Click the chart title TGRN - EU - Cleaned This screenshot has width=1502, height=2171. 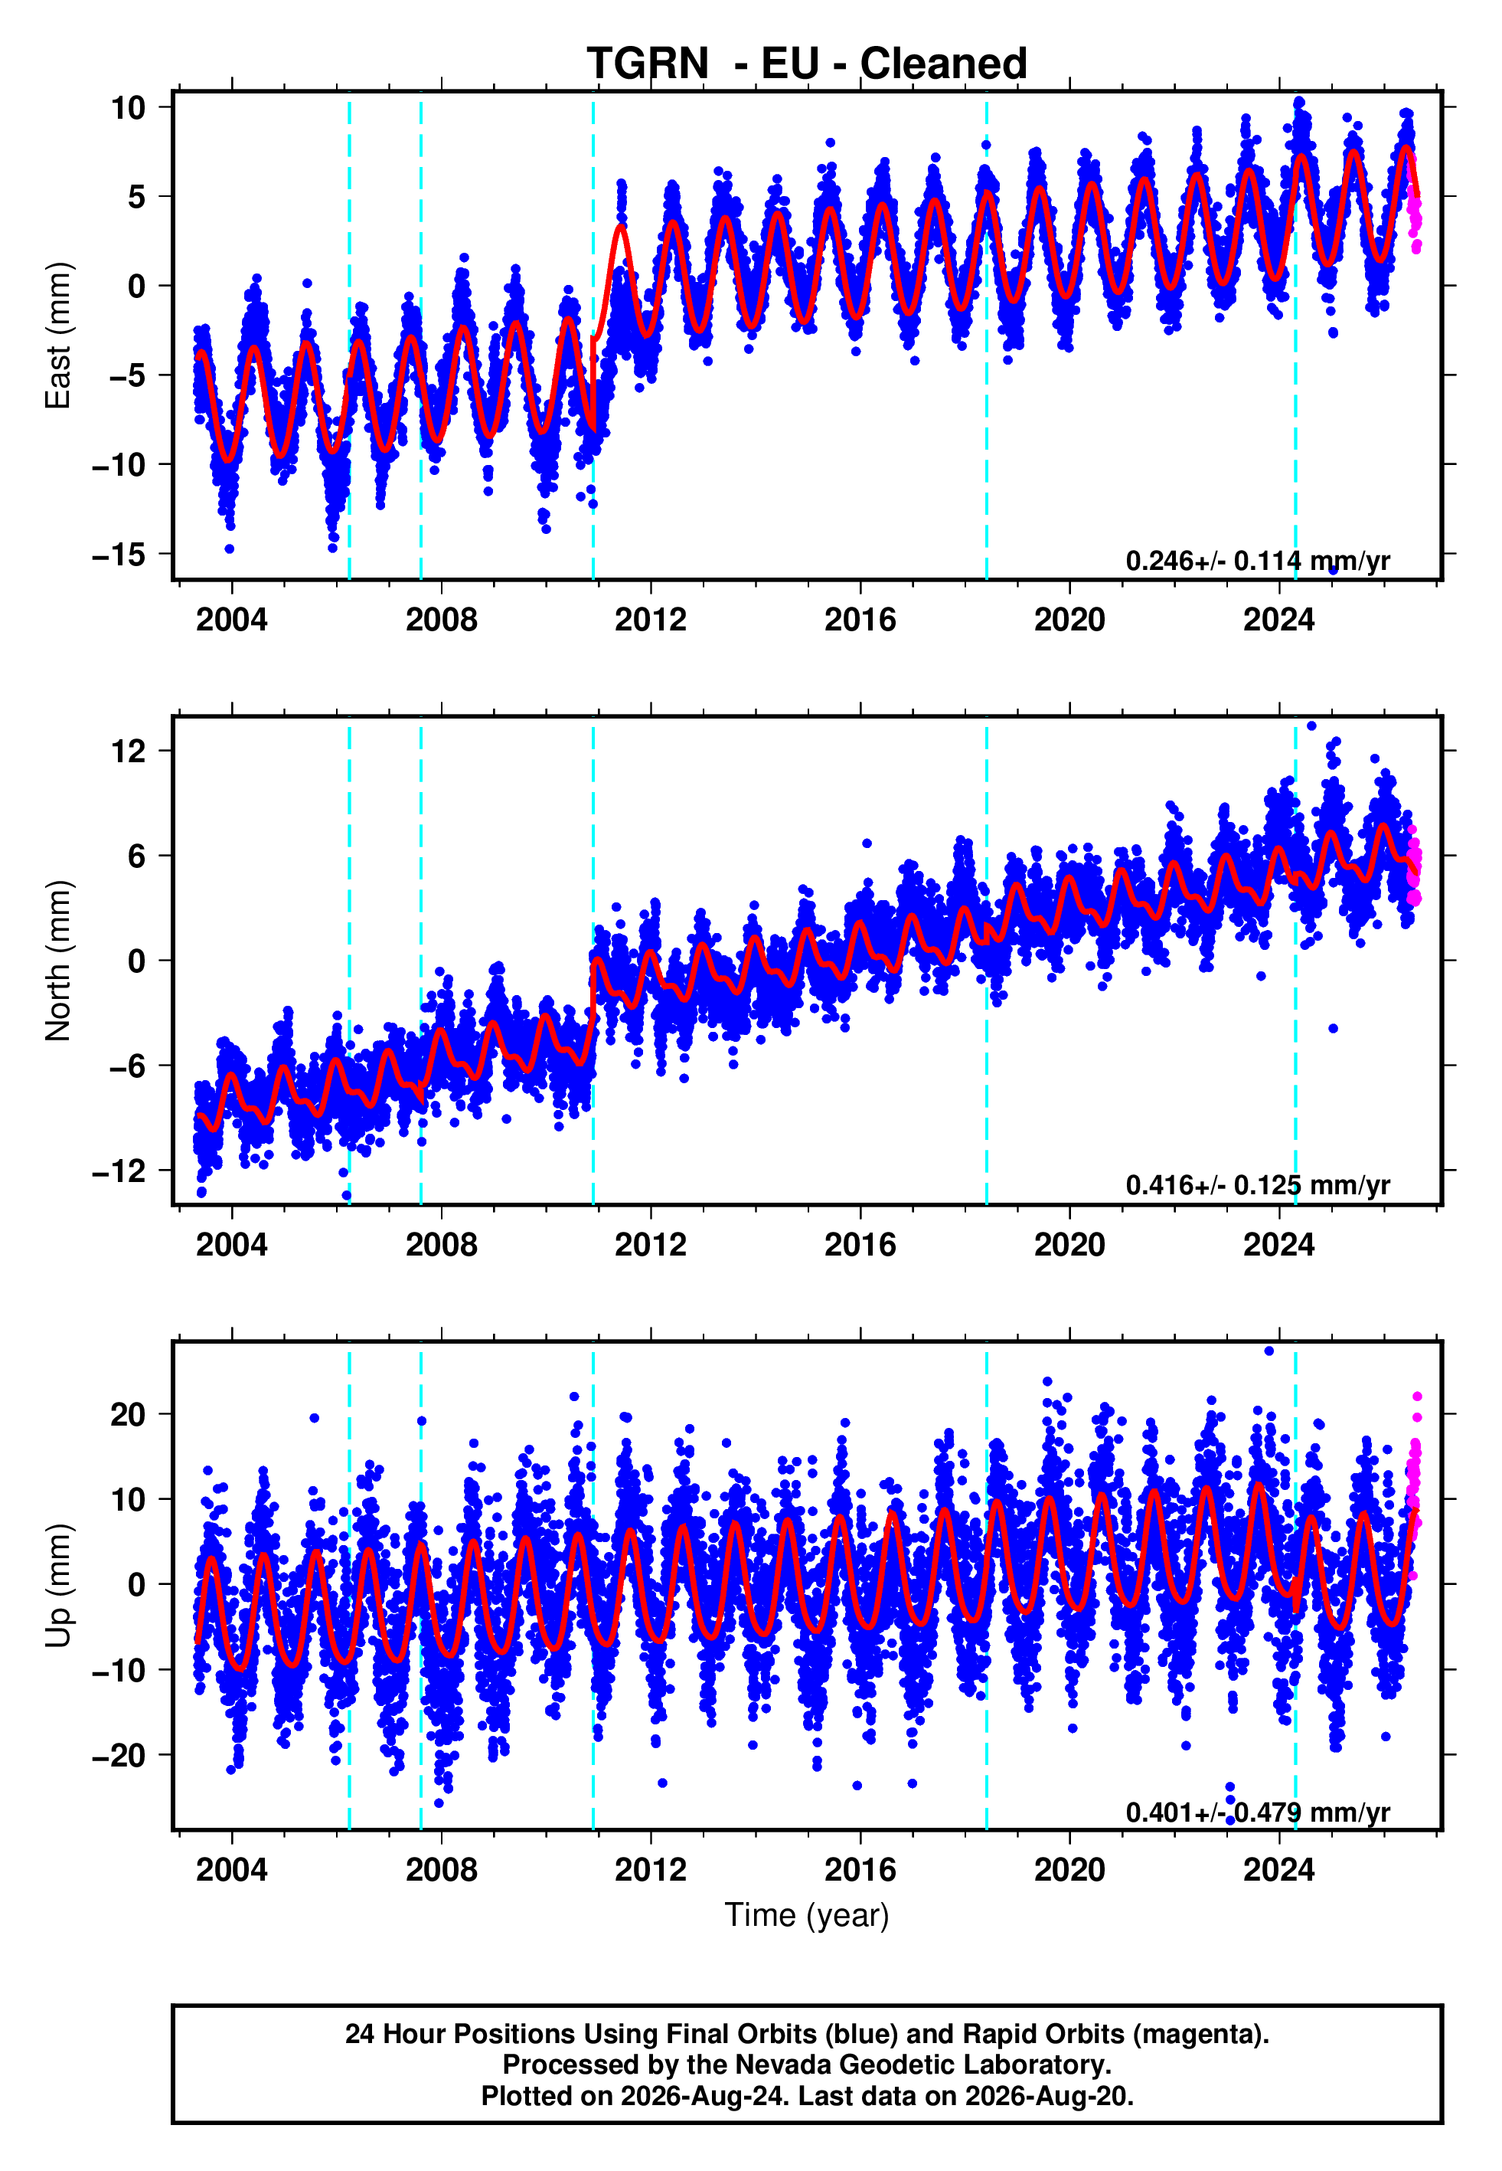click(x=807, y=64)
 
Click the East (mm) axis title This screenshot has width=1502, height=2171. click(x=58, y=336)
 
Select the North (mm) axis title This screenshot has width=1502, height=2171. click(x=58, y=961)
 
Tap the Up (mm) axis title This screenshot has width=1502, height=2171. click(x=58, y=1586)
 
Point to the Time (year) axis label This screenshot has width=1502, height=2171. click(x=807, y=1916)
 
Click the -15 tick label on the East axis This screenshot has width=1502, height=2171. click(x=119, y=555)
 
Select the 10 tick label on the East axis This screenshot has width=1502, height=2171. click(x=129, y=107)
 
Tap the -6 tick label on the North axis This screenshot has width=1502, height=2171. click(x=128, y=1066)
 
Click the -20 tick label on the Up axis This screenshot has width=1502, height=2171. click(x=119, y=1756)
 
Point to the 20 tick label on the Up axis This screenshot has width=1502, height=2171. click(x=129, y=1414)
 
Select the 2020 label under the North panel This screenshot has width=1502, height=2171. click(x=1069, y=1245)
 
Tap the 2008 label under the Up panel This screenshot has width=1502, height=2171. click(x=442, y=1870)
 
